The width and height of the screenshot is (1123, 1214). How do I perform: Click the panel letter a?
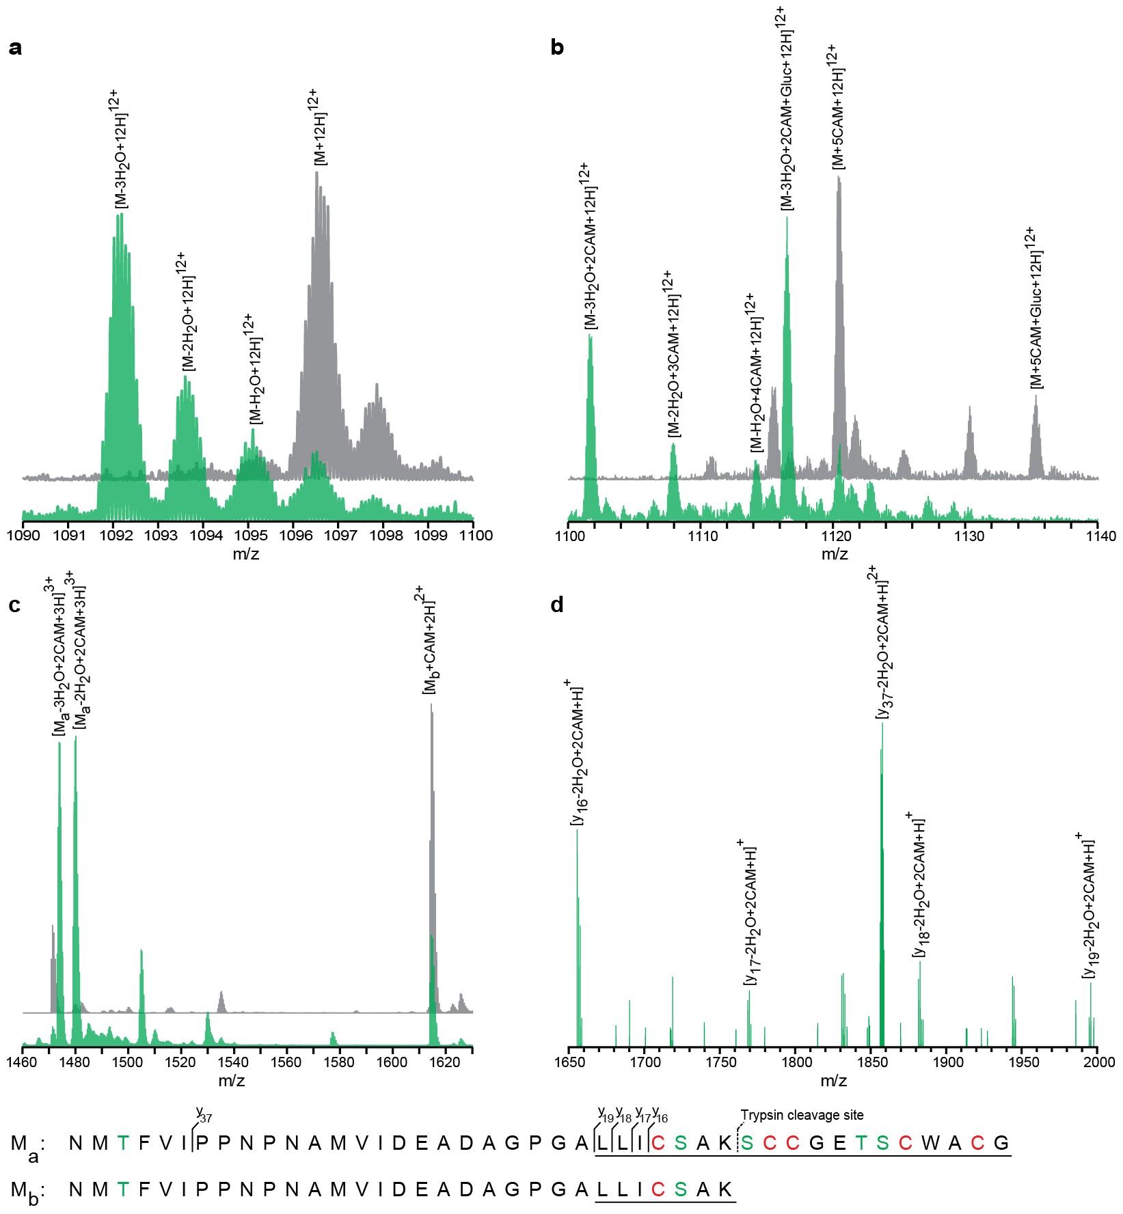[x=15, y=48]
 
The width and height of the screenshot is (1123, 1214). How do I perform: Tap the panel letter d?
[x=557, y=605]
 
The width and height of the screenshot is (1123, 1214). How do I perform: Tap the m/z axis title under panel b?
[x=835, y=554]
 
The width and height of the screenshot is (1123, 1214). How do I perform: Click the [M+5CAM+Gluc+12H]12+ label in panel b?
[x=1036, y=308]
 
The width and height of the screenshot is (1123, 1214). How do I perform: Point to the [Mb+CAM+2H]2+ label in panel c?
[x=429, y=640]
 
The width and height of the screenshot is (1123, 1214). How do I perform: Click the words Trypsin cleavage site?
[x=802, y=1116]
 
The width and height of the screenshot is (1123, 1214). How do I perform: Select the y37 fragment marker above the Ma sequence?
[x=204, y=1117]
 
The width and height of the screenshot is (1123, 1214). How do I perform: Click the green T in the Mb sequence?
[x=122, y=1189]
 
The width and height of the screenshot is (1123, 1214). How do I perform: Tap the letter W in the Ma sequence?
[x=930, y=1143]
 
